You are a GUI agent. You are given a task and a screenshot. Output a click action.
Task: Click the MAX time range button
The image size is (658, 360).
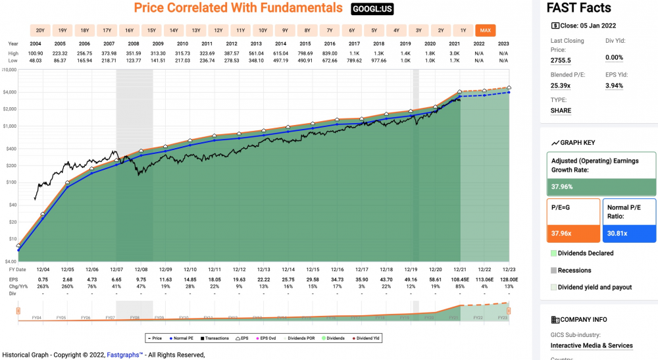pos(486,30)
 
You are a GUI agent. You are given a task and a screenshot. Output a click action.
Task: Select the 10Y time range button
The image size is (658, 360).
pos(263,30)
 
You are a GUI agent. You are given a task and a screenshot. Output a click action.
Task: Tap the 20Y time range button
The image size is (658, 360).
pos(40,30)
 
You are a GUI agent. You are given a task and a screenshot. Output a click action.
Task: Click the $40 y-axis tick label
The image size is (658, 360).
pos(11,205)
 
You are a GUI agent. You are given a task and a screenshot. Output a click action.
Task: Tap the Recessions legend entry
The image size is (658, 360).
pos(574,270)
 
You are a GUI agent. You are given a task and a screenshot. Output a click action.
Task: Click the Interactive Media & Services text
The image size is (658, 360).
pos(592,346)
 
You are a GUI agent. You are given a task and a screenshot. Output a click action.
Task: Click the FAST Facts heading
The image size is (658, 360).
pos(579,8)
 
